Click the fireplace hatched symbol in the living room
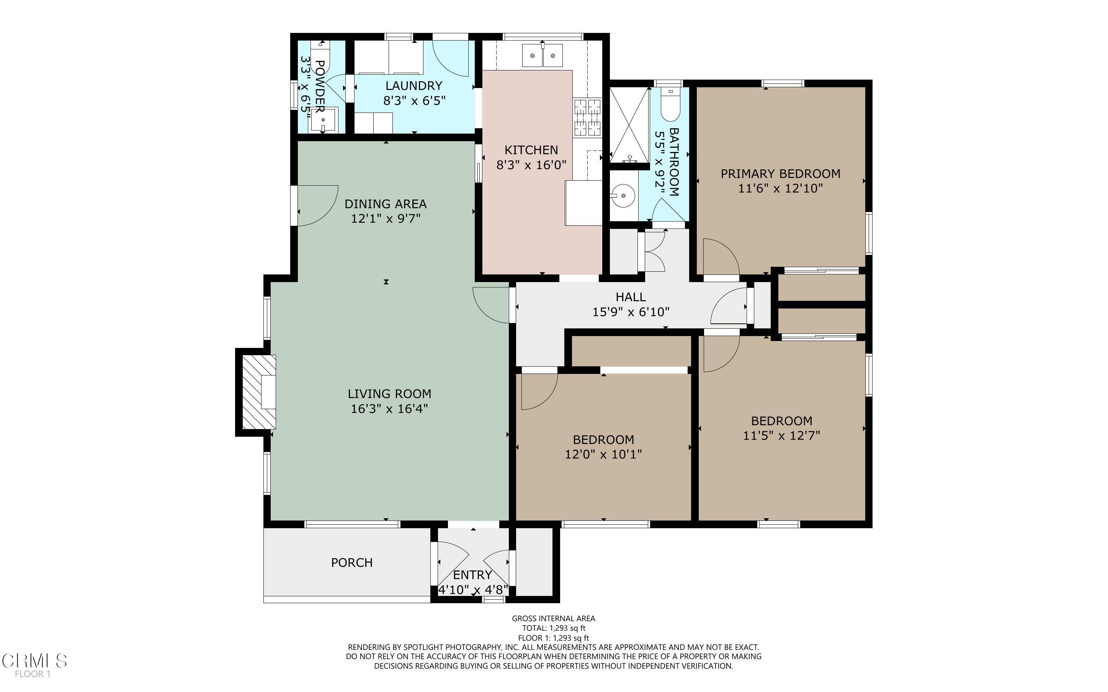[x=258, y=392]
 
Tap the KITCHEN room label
[x=531, y=150]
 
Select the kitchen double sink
[x=543, y=55]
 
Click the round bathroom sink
[x=623, y=196]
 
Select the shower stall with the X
[x=630, y=125]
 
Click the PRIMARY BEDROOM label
[x=780, y=174]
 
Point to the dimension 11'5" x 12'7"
[x=781, y=435]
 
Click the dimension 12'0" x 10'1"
[x=603, y=454]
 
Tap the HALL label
[x=631, y=297]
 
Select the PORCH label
[x=351, y=563]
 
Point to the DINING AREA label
[x=386, y=204]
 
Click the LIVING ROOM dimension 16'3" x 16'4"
[x=389, y=408]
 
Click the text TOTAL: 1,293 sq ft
[x=554, y=628]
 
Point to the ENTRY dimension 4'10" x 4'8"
[x=473, y=590]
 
